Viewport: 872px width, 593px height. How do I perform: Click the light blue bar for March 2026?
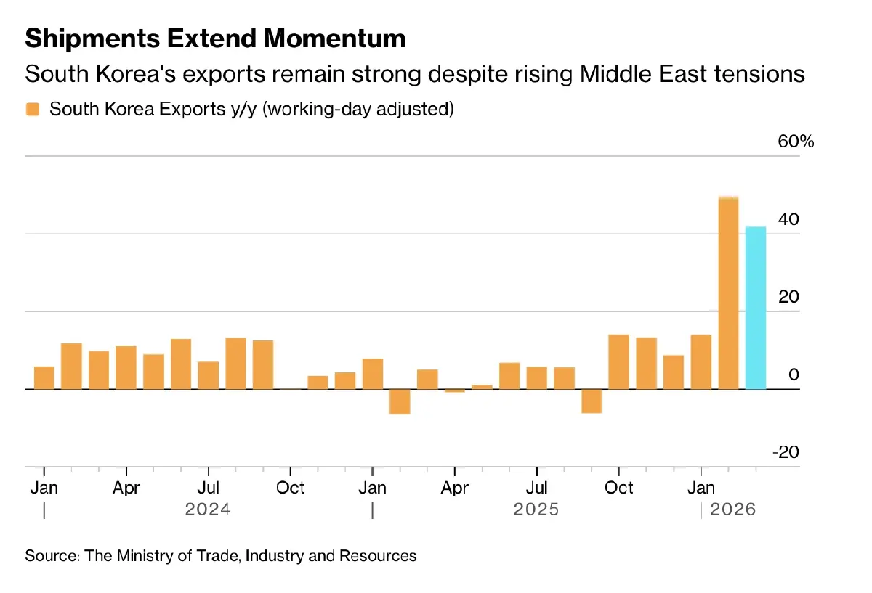756,308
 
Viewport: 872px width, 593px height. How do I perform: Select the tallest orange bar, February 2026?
728,293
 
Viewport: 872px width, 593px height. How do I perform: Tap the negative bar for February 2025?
400,401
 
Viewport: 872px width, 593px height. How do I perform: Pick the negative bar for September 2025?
592,401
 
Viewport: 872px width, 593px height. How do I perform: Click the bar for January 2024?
44,377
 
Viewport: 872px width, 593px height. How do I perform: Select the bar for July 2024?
209,375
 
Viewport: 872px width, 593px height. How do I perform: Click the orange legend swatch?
33,110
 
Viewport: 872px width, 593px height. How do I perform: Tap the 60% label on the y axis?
796,142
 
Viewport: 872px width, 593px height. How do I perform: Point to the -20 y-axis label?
786,452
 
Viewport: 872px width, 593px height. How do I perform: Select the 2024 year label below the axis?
208,510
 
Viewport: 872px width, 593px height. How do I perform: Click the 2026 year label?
732,510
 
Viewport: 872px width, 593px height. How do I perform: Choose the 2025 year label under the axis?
536,510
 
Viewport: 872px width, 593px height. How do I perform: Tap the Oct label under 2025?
619,488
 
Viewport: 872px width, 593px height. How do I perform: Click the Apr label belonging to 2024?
126,488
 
